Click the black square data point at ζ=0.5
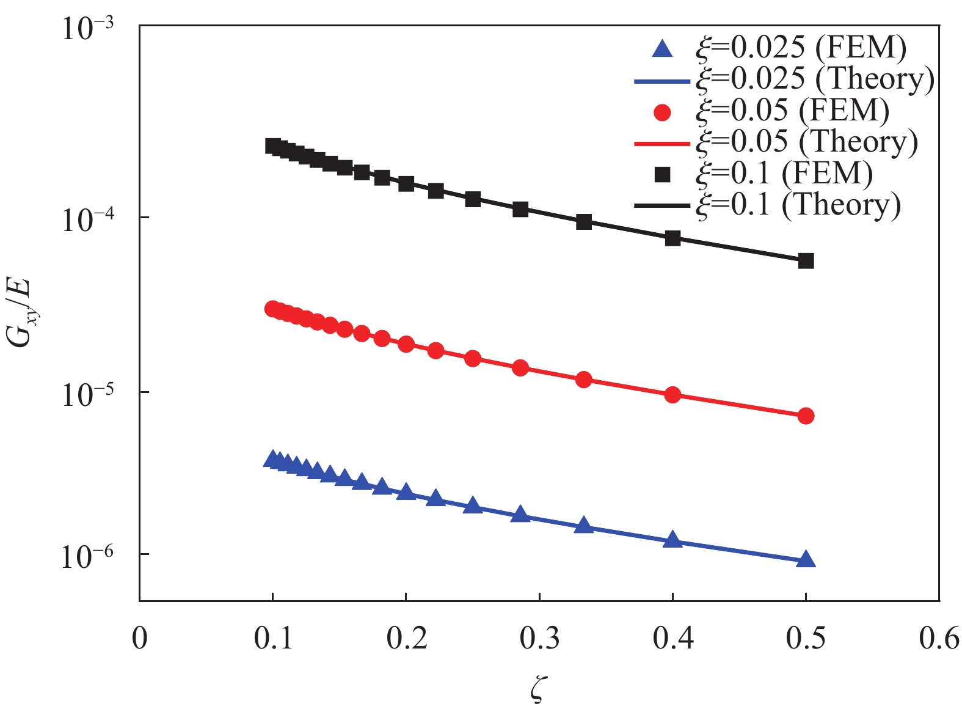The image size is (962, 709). (x=806, y=261)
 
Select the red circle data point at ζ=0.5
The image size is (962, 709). (x=806, y=416)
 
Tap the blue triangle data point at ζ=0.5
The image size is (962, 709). (x=806, y=559)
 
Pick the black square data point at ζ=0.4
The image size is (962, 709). (x=672, y=238)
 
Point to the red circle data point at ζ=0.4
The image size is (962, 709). (x=672, y=395)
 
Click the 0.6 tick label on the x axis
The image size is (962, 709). (x=939, y=638)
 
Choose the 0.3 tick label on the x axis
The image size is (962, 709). (x=539, y=638)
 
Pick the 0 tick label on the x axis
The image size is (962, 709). (x=140, y=638)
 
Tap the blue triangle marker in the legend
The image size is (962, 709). (x=662, y=49)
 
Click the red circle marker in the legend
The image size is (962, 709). (x=662, y=112)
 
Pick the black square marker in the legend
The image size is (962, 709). (x=662, y=175)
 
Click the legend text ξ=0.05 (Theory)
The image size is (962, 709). (x=806, y=142)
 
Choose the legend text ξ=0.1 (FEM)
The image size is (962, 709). (x=784, y=174)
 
